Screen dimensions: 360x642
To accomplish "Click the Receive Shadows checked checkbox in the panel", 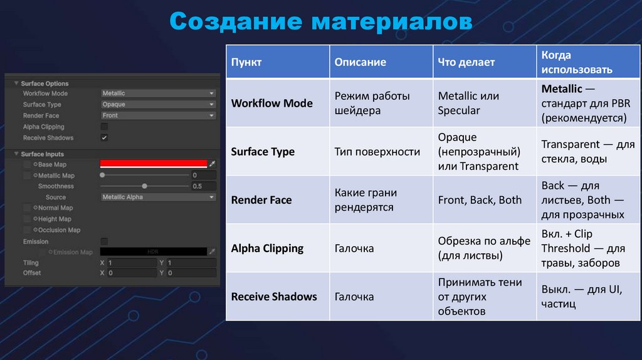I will click(104, 137).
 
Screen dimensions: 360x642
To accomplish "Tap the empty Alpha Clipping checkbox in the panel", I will click(104, 127).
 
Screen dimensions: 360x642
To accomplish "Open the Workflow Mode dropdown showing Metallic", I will click(158, 93).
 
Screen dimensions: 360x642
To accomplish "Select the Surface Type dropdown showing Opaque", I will click(158, 105).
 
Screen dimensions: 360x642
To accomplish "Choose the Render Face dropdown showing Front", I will click(158, 115).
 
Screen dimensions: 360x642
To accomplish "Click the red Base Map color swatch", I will click(154, 164).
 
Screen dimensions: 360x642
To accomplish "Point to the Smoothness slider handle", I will click(145, 186).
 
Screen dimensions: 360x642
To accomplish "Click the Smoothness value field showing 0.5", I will click(204, 186).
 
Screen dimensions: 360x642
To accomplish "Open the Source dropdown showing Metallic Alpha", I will click(158, 197).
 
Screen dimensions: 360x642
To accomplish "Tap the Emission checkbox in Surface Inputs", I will click(104, 241).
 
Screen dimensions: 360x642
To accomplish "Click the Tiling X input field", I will click(132, 263).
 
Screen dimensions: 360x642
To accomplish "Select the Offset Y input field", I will click(191, 273).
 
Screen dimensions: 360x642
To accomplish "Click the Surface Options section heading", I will click(45, 83).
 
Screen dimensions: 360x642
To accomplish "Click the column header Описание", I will click(360, 62).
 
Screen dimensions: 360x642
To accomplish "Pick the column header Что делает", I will click(466, 62).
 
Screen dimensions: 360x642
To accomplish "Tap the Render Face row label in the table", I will click(261, 200).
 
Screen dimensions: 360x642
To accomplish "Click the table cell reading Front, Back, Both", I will click(480, 200).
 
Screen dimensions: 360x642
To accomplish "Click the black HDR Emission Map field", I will click(153, 251).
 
